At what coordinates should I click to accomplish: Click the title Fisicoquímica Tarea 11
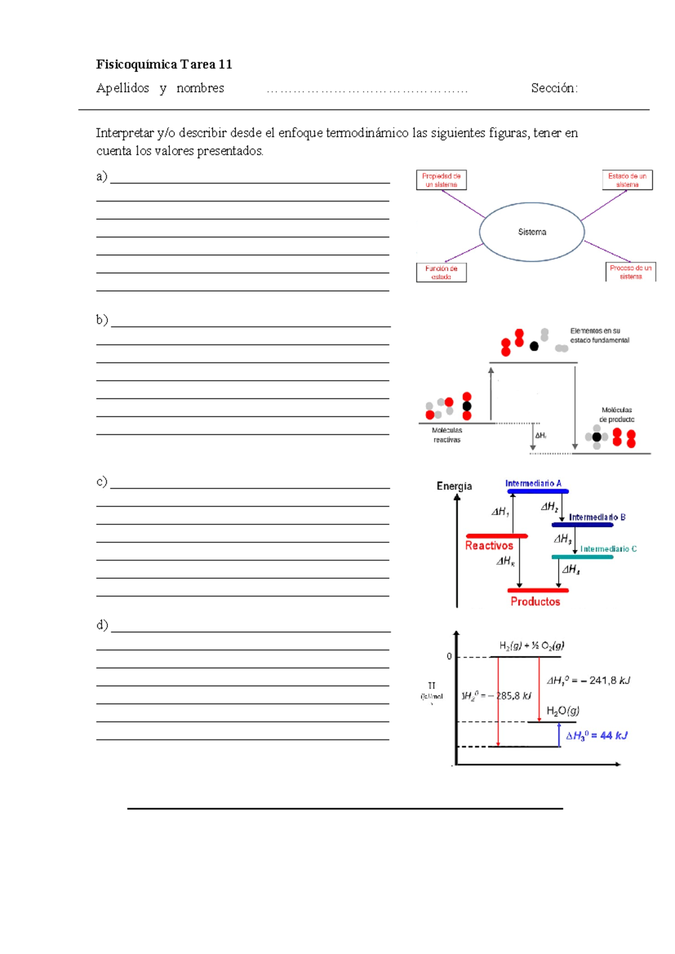click(164, 65)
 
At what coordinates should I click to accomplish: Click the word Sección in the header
click(553, 88)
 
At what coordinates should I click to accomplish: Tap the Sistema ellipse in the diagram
click(532, 232)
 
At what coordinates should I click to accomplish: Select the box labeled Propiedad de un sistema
click(442, 180)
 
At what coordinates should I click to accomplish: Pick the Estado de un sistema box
click(627, 180)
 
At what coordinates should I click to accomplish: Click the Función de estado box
click(442, 273)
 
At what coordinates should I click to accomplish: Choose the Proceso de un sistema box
click(631, 272)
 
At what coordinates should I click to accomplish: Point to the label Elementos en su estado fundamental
click(600, 336)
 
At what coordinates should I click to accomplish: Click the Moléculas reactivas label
click(447, 435)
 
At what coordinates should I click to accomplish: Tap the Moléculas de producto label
click(616, 415)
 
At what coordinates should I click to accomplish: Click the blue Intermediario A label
click(533, 484)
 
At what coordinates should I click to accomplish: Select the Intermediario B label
click(597, 517)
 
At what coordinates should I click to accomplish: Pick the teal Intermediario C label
click(609, 549)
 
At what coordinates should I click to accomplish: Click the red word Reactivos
click(489, 546)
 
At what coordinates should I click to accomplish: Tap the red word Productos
click(535, 602)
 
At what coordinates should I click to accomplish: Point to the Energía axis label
click(454, 487)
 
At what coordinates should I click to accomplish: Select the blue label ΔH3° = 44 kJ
click(596, 736)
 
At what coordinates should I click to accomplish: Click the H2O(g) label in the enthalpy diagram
click(563, 711)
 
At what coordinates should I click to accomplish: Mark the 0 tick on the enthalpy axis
click(449, 656)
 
